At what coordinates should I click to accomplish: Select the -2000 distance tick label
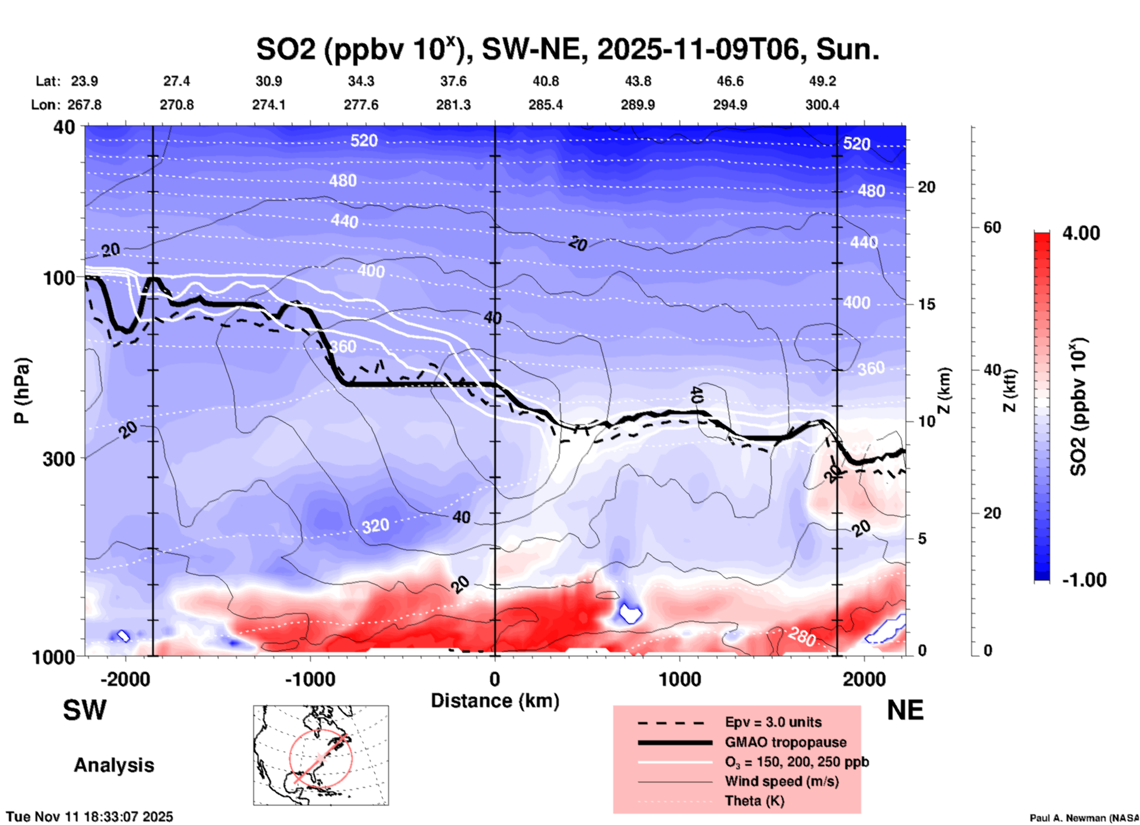click(125, 679)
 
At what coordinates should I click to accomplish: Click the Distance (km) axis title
click(495, 701)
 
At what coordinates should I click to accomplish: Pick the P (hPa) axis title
click(22, 391)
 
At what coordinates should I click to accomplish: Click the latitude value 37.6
click(453, 81)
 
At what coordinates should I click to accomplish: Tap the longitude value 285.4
click(545, 105)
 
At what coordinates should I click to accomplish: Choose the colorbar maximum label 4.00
click(1081, 233)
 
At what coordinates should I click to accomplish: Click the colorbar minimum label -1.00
click(1084, 580)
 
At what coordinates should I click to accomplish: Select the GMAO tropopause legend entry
click(785, 742)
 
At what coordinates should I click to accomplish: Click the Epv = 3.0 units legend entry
click(773, 722)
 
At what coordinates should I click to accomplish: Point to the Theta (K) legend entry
click(754, 801)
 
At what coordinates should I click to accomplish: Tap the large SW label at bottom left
click(85, 710)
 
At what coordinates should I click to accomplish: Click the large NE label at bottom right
click(905, 710)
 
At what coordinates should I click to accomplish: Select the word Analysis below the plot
click(114, 765)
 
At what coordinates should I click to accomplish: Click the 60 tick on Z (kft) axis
click(992, 227)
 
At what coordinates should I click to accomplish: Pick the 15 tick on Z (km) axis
click(926, 304)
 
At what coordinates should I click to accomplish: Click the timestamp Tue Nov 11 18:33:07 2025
click(90, 817)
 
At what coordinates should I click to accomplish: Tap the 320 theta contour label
click(375, 526)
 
